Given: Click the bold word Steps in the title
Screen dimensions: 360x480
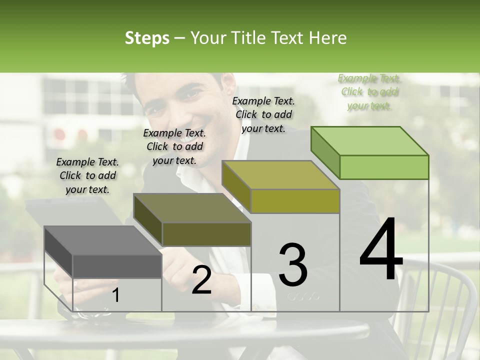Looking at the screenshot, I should click(147, 38).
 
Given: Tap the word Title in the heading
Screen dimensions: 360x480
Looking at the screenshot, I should click(249, 38).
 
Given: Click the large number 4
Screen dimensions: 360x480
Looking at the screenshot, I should click(381, 250).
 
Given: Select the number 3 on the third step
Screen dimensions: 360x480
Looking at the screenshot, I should click(293, 265).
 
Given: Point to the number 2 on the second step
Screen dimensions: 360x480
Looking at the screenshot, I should click(201, 280).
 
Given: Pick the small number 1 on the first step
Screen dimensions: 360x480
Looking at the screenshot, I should click(116, 296).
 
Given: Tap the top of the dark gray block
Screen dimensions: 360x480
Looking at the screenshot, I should click(103, 240).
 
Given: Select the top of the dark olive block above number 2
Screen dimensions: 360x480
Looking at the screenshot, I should click(192, 208).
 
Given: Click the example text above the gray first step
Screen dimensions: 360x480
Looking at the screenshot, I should click(87, 175).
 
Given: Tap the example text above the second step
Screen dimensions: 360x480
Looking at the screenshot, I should click(174, 146).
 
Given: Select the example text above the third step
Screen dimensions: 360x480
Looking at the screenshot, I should click(263, 114).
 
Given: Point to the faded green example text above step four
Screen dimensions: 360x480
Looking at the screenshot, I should click(369, 92).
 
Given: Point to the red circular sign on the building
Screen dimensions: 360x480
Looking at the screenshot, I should click(59, 134).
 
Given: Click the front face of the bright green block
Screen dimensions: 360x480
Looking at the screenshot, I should click(384, 167).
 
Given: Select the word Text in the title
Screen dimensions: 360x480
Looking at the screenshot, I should click(289, 38).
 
